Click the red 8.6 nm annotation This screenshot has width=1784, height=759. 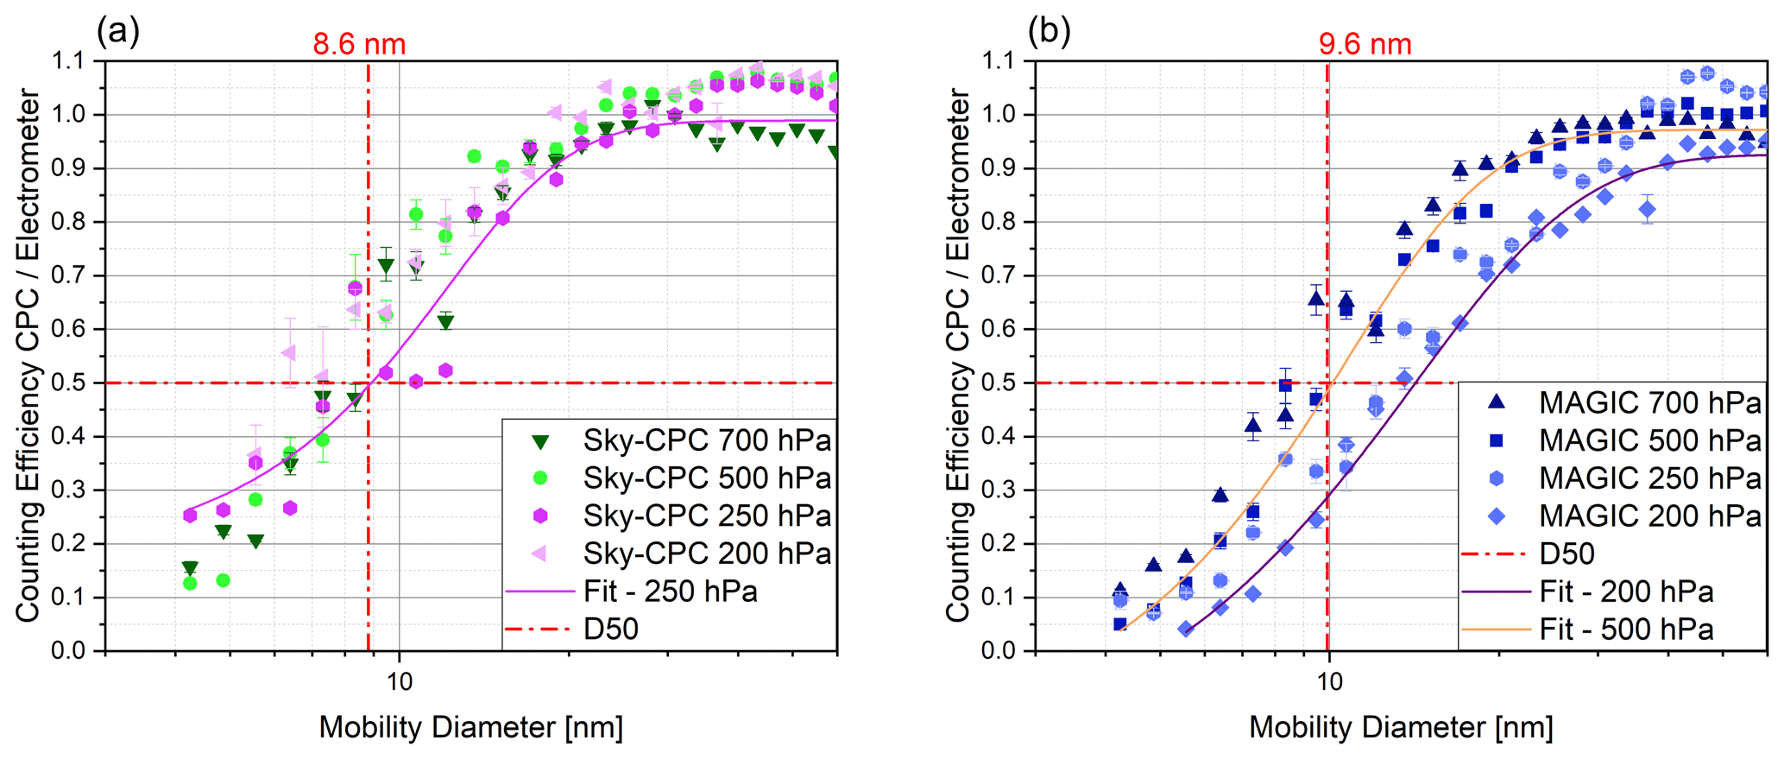359,44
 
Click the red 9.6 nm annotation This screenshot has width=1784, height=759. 1365,44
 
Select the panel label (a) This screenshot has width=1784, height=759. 117,31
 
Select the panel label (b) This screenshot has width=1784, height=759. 1049,31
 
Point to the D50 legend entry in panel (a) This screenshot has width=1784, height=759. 611,629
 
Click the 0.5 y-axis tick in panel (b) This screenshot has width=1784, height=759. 1002,383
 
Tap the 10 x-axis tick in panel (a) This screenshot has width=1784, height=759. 399,681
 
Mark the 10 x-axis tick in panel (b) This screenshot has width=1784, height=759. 1328,681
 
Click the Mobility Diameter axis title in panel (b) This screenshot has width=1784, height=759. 1400,728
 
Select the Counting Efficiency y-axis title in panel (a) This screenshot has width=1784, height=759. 28,356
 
